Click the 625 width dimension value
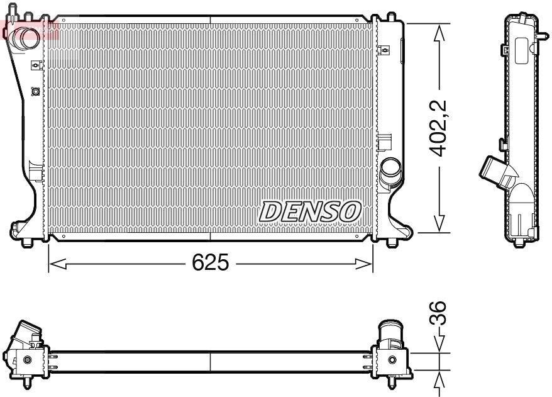click(211, 262)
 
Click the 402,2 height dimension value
click(439, 128)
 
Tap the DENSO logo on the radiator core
click(310, 211)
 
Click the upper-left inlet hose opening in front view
click(26, 37)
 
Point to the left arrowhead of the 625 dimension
click(57, 263)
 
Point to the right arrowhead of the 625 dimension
click(363, 263)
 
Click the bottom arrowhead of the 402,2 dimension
click(439, 223)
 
